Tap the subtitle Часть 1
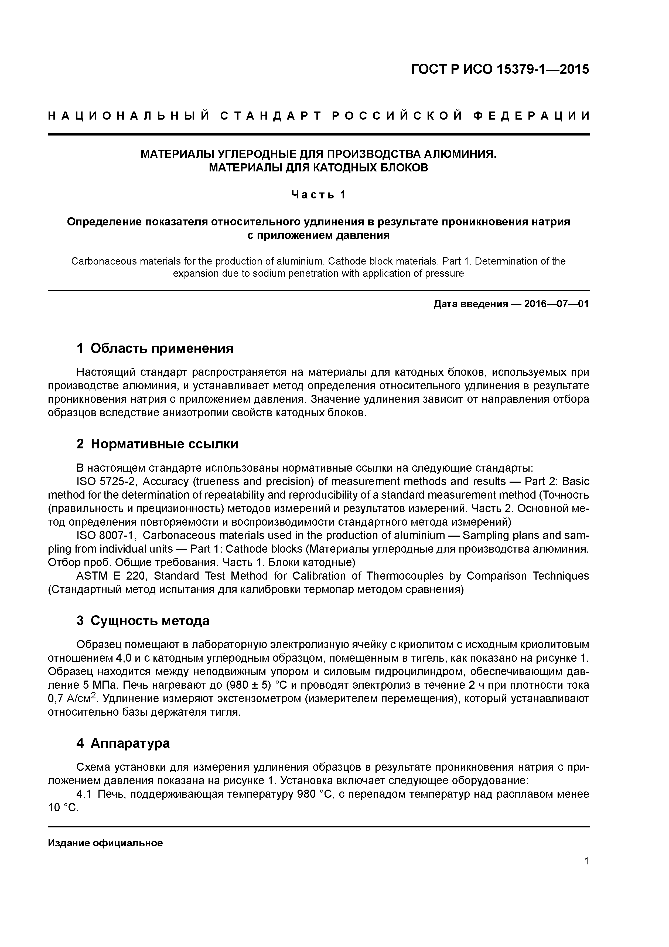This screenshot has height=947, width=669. (x=318, y=194)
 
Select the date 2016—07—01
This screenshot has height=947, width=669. (x=556, y=304)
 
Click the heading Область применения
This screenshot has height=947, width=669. (x=162, y=349)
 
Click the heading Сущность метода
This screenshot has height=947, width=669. (x=150, y=621)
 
